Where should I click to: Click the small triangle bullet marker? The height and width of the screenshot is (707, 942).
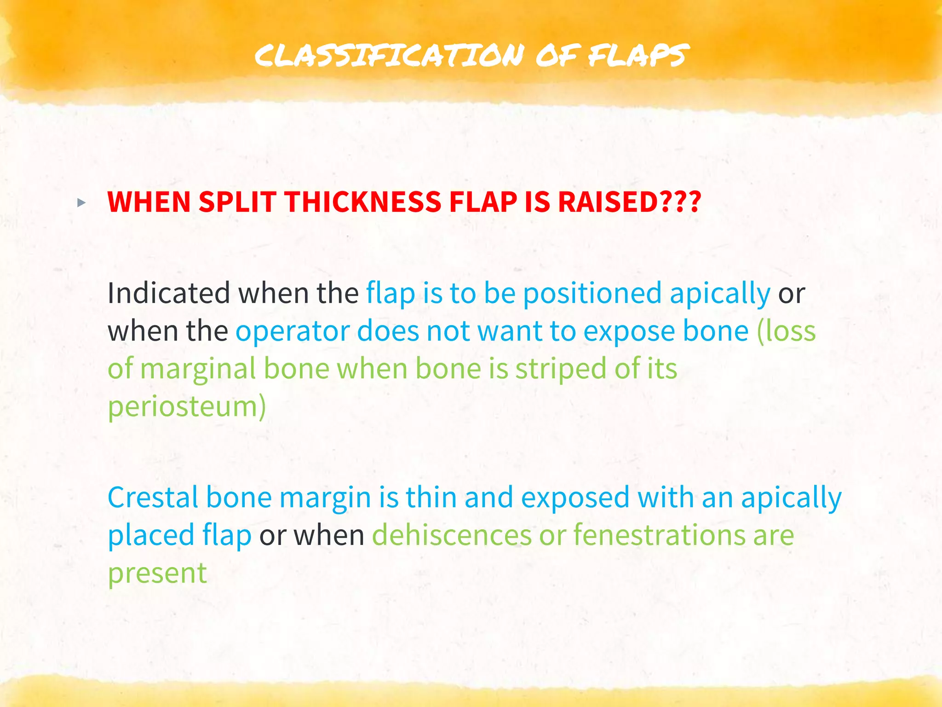tap(81, 203)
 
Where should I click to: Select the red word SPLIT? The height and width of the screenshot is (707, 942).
tap(237, 202)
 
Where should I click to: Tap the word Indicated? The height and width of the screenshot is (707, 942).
tap(168, 293)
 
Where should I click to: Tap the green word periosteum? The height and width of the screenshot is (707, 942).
tap(187, 408)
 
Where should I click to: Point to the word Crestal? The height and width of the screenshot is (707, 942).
tap(153, 498)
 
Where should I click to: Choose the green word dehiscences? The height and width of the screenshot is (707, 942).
tap(452, 535)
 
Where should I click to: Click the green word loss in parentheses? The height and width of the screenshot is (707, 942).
tap(787, 331)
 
